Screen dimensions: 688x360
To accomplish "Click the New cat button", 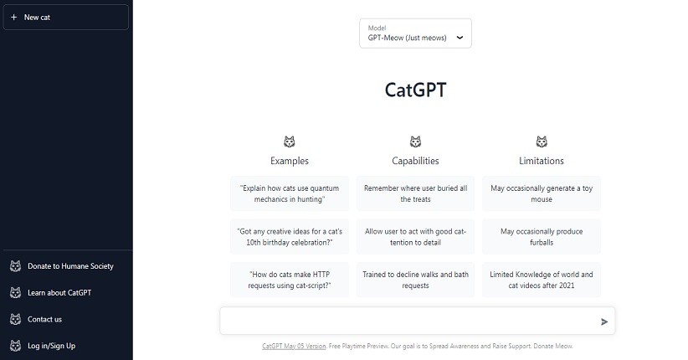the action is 66,17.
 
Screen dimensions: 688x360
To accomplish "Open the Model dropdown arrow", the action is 460,38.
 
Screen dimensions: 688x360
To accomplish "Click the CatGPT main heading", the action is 415,90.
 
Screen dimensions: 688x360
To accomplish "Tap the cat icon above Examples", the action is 289,141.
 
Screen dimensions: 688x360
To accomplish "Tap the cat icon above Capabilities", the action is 415,141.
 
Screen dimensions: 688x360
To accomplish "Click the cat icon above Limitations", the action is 542,141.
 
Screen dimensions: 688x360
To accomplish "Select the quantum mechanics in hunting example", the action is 290,193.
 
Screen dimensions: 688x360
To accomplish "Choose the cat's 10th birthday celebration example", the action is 290,237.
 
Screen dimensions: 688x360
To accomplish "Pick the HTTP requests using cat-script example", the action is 290,280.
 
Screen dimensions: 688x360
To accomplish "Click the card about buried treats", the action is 415,193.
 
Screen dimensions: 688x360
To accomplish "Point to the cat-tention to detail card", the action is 415,237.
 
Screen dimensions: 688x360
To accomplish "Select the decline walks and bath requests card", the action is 415,280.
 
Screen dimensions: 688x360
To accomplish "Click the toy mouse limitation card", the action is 542,193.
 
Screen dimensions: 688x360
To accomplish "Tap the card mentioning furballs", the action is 542,237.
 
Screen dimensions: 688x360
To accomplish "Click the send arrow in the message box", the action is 604,321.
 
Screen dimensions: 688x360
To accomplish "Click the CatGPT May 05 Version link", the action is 294,346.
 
